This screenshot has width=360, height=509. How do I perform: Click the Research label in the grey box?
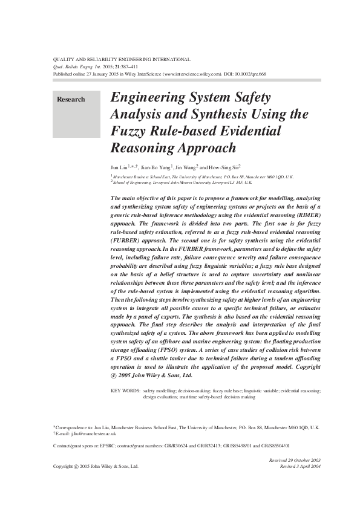pyautogui.click(x=71, y=99)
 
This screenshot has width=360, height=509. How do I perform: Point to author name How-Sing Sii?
pyautogui.click(x=226, y=166)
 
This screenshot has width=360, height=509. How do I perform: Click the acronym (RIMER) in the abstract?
pyautogui.click(x=309, y=214)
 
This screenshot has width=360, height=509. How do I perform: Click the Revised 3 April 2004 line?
pyautogui.click(x=299, y=467)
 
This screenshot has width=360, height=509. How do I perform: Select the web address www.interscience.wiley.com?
pyautogui.click(x=191, y=74)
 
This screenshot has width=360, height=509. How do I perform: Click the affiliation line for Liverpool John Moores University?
pyautogui.click(x=182, y=181)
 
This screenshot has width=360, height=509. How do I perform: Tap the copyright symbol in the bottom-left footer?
pyautogui.click(x=76, y=467)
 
